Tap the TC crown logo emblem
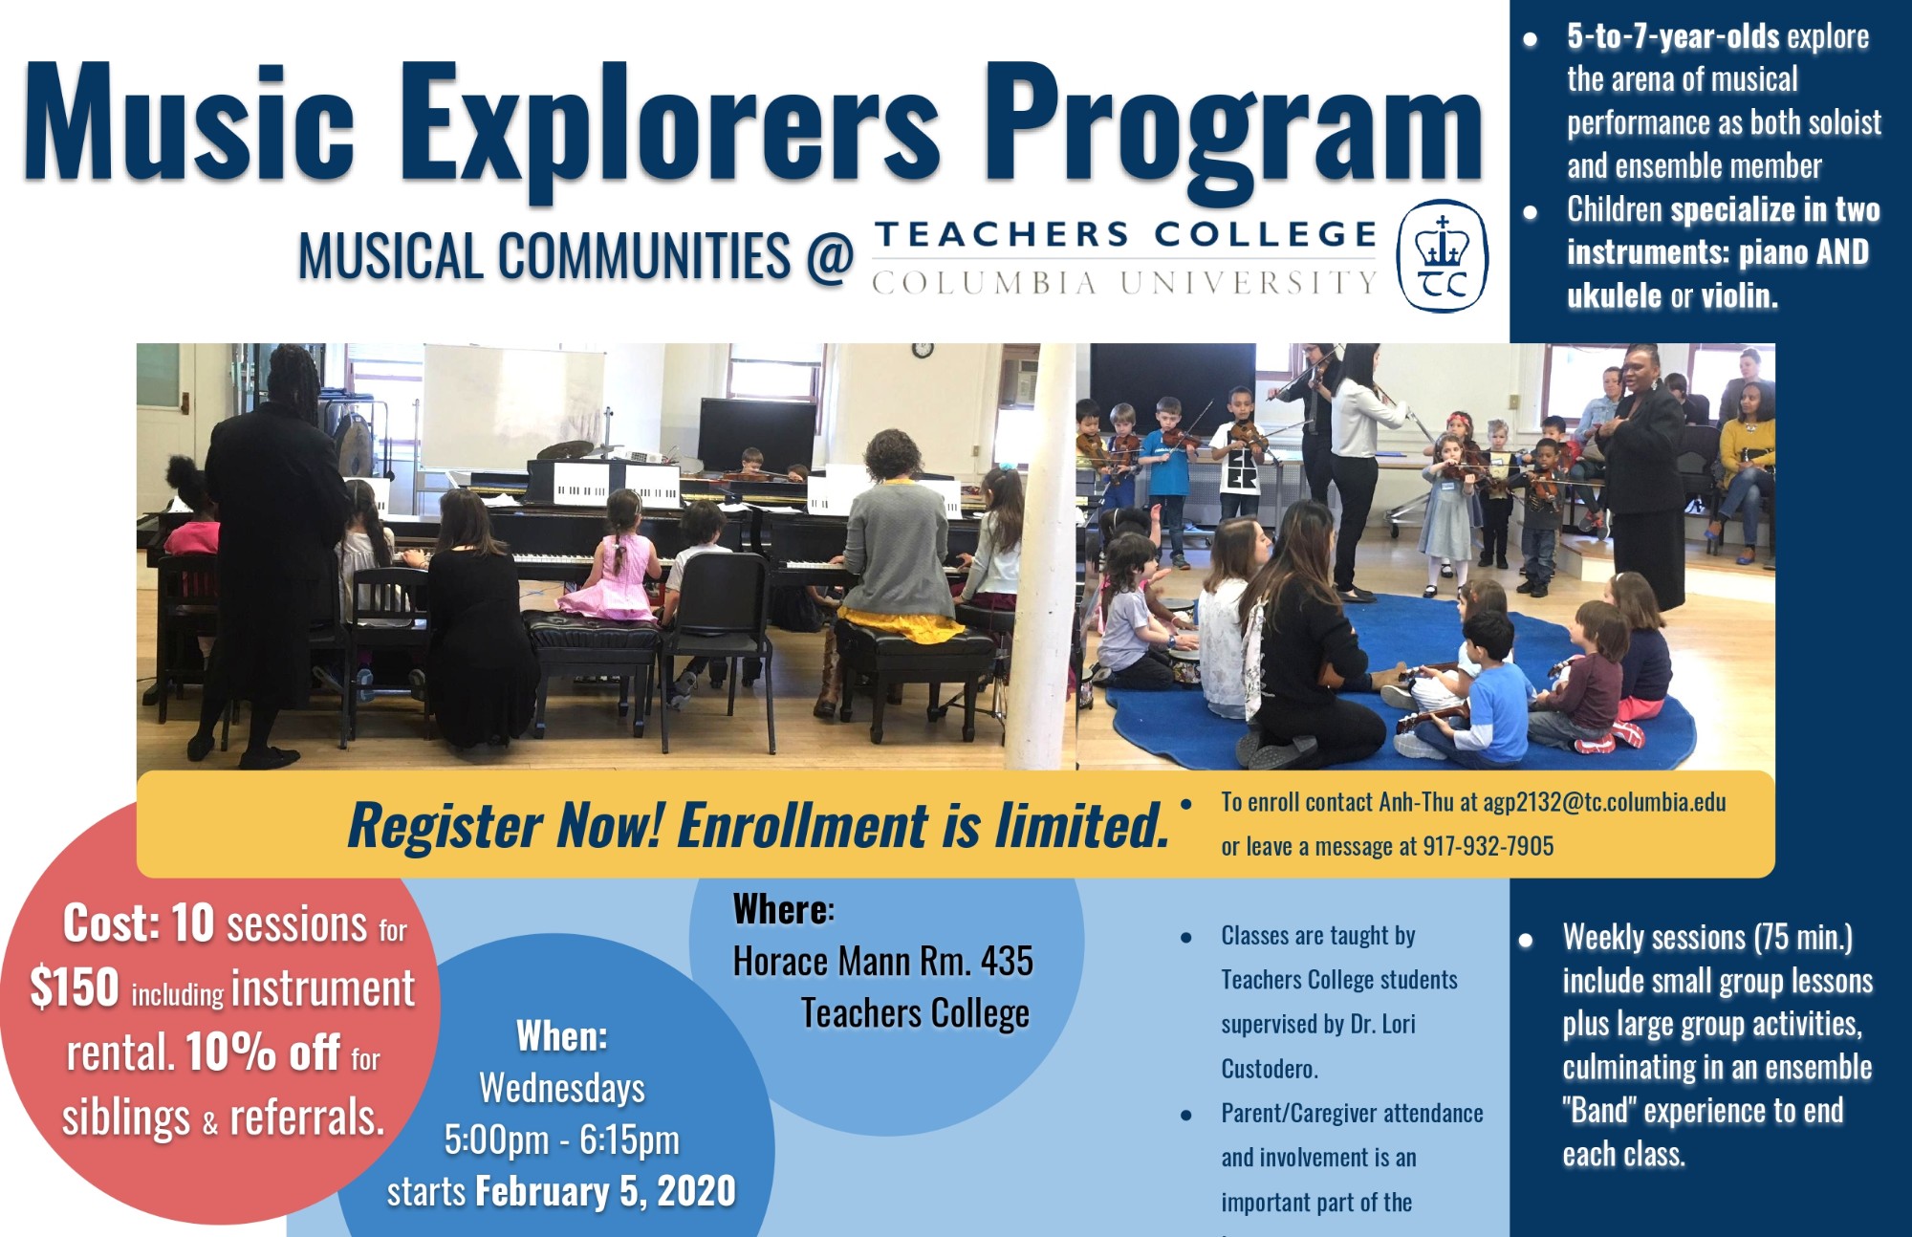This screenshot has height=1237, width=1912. pos(1442,256)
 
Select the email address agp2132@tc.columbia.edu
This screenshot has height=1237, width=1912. pos(1604,802)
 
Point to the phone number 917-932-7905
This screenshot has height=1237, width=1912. pos(1488,846)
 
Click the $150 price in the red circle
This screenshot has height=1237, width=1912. pos(75,987)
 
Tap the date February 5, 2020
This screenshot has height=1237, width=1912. pos(606,1191)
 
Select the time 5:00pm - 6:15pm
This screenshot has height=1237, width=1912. pos(562,1139)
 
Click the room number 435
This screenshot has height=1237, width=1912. pos(1007,961)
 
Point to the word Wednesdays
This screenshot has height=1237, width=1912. pos(562,1088)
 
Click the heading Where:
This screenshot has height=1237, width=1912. pos(784,909)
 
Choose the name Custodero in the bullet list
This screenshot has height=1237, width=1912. pos(1270,1069)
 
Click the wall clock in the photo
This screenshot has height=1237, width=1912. pos(922,350)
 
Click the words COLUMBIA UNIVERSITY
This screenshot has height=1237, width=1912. pos(1124,283)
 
